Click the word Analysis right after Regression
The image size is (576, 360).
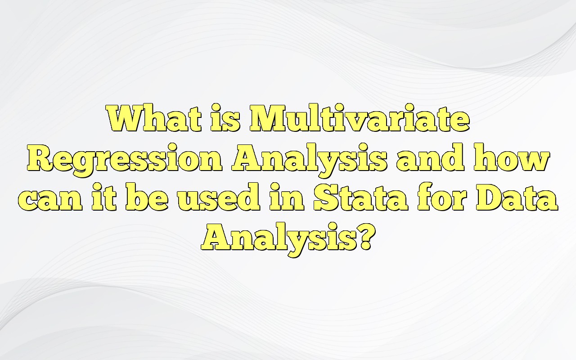click(x=309, y=160)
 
